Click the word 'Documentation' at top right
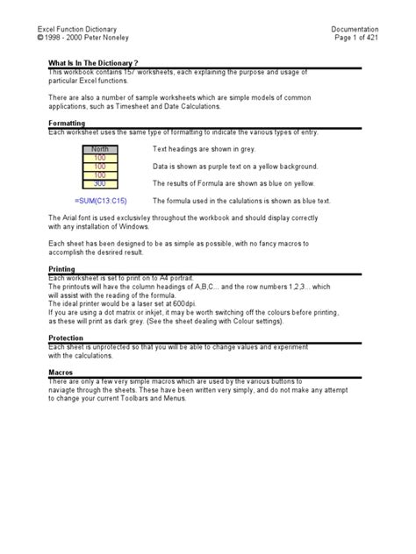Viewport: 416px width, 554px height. (x=355, y=29)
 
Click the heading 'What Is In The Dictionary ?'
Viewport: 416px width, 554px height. (x=93, y=64)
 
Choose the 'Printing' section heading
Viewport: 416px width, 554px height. (x=61, y=269)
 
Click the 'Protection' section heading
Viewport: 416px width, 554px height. (x=65, y=337)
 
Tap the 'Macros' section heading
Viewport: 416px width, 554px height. (x=60, y=372)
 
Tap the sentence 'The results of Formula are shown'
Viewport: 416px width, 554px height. (x=233, y=184)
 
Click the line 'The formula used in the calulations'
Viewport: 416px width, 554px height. (x=240, y=201)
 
